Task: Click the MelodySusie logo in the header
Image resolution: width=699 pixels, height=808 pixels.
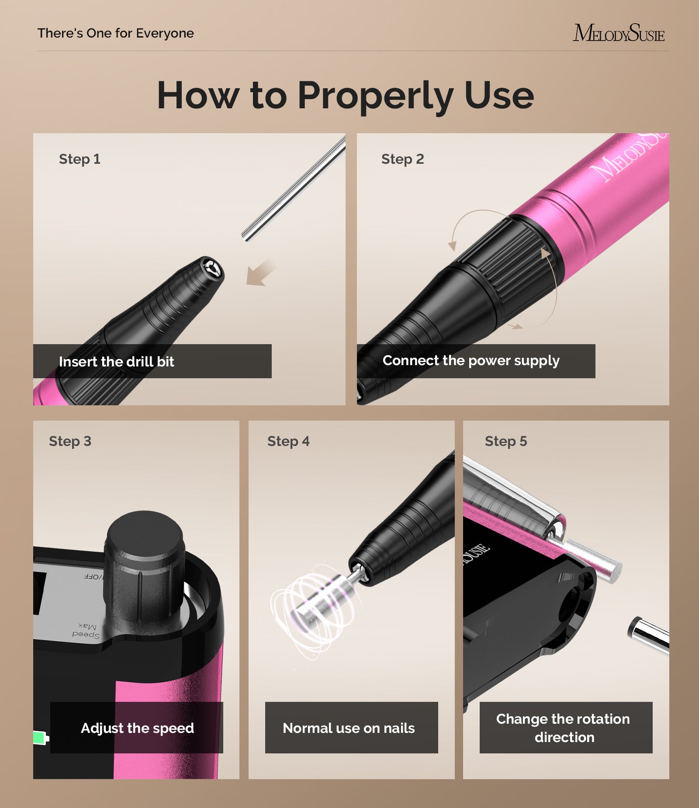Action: pos(619,33)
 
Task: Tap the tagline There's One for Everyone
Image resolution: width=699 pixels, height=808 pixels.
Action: pos(115,33)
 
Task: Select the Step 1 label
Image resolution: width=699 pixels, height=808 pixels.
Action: pos(80,159)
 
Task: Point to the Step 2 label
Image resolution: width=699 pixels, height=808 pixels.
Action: pos(402,159)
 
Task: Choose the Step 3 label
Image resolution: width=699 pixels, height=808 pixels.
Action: pos(70,441)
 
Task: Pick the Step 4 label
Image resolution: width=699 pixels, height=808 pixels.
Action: pos(288,441)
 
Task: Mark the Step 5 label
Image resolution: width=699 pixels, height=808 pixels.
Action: pos(506,441)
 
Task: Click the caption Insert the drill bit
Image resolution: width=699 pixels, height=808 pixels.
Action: pos(116,362)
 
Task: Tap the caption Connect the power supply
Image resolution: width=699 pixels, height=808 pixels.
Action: pos(471,361)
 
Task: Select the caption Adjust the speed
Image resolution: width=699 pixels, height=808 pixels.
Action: pos(137,728)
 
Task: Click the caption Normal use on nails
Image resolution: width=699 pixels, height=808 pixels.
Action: pos(349,728)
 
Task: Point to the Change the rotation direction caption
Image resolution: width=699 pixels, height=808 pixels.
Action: pos(564,728)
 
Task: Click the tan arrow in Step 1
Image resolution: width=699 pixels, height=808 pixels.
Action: pos(260,273)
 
